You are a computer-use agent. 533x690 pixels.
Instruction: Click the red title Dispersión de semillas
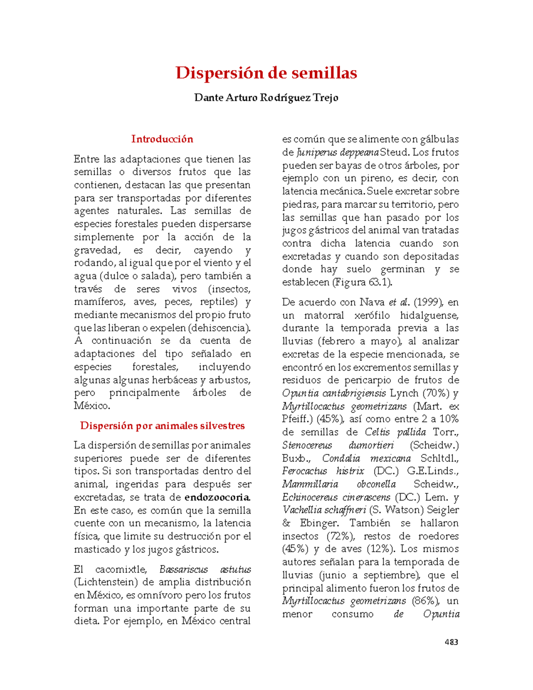pyautogui.click(x=266, y=73)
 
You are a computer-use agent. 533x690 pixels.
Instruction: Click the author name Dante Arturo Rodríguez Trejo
pyautogui.click(x=266, y=97)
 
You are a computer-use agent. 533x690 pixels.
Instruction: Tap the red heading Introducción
pyautogui.click(x=162, y=139)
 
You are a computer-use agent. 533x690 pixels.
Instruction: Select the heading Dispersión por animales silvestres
pyautogui.click(x=162, y=426)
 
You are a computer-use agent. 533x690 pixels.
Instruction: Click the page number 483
pyautogui.click(x=451, y=642)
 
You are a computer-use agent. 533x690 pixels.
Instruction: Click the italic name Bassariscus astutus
pyautogui.click(x=205, y=569)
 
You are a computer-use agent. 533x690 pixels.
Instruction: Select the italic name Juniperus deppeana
pyautogui.click(x=338, y=152)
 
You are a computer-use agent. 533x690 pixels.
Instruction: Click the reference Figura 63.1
pyautogui.click(x=362, y=282)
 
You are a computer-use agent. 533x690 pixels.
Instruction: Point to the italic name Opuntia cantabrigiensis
pyautogui.click(x=334, y=393)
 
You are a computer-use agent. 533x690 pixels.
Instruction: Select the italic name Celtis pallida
pyautogui.click(x=395, y=432)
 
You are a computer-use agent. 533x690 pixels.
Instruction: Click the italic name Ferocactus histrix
pyautogui.click(x=323, y=471)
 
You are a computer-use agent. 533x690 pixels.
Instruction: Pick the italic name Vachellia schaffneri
pyautogui.click(x=324, y=510)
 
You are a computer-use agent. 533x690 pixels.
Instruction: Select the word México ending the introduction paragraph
pyautogui.click(x=91, y=406)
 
